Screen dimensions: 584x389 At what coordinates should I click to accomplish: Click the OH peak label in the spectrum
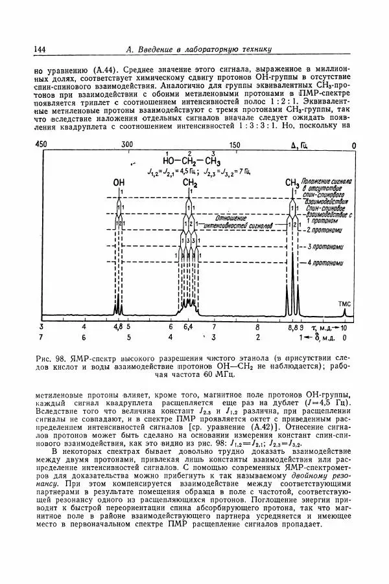pyautogui.click(x=119, y=184)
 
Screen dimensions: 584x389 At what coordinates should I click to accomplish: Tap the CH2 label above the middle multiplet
pyautogui.click(x=189, y=184)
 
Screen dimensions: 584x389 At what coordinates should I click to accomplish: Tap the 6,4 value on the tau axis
pyautogui.click(x=188, y=328)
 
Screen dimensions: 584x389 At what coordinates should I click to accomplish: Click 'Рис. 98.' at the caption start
pyautogui.click(x=55, y=358)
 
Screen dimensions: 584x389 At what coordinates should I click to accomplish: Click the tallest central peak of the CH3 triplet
pyautogui.click(x=293, y=259)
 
